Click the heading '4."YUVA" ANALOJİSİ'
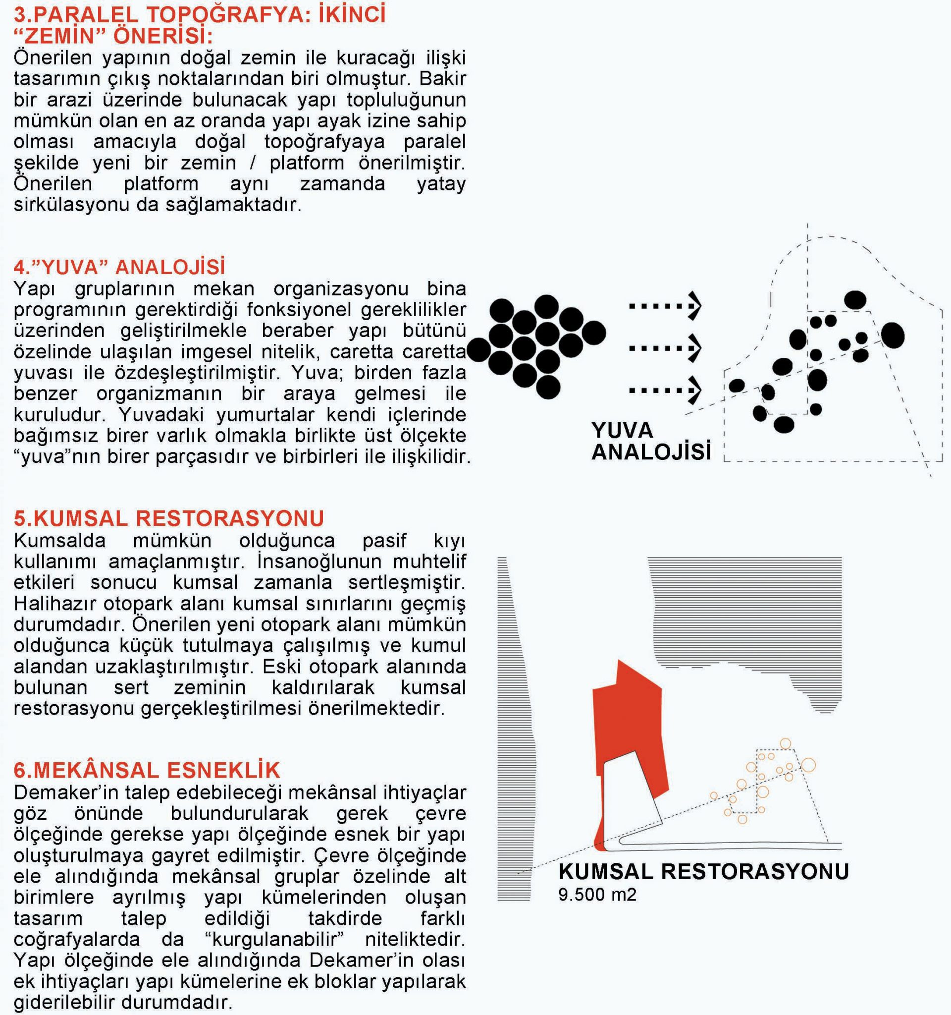[119, 267]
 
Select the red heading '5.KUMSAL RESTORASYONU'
[169, 518]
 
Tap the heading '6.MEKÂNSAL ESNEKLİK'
[147, 770]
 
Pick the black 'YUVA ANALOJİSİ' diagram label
[650, 441]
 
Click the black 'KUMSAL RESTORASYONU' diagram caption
[703, 872]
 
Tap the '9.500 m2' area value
[597, 895]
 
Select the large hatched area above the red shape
[744, 613]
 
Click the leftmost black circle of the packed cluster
[478, 350]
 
